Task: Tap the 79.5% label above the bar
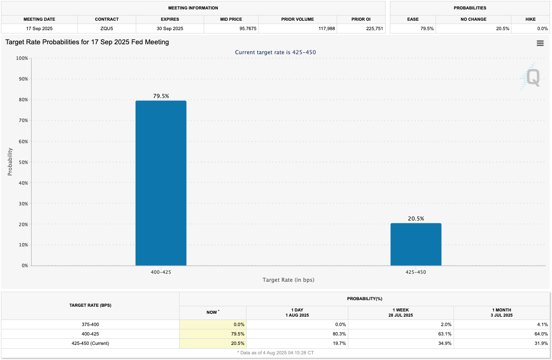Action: coord(161,96)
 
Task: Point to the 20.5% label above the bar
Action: coord(416,219)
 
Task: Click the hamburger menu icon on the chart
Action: coord(540,43)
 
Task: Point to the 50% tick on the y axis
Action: coord(22,162)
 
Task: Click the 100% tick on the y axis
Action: coord(22,58)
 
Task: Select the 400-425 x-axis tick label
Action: coord(161,272)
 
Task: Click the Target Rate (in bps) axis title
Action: coord(288,280)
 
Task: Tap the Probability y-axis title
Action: coord(10,162)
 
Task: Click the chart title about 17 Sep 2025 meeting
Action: coord(87,42)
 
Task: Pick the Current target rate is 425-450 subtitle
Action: coord(275,52)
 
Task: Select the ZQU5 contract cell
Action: coord(107,29)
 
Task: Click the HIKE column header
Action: coord(530,19)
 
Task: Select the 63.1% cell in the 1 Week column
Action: coord(443,334)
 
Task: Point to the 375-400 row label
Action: coord(90,324)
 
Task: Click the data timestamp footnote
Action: coord(275,352)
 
